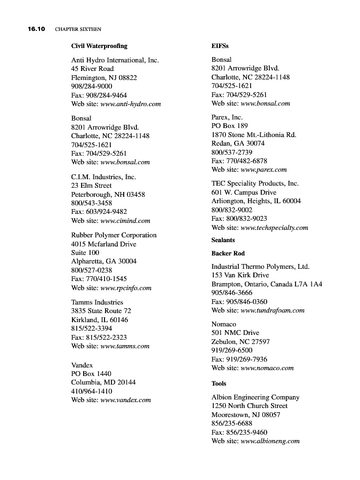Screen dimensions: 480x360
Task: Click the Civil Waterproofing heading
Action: tap(99, 46)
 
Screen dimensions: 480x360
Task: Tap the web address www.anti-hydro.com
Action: tap(131, 104)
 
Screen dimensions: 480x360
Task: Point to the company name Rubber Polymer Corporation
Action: tap(114, 235)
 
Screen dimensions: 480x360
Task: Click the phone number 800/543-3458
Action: tap(91, 203)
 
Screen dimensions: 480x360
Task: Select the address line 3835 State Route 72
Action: tap(101, 311)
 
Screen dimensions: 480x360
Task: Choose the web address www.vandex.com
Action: tap(125, 400)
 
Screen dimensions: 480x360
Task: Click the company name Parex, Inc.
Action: tap(227, 117)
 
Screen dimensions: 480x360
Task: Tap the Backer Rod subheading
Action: tap(228, 253)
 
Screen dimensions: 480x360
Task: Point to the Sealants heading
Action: tap(223, 241)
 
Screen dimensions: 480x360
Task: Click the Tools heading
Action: tap(219, 383)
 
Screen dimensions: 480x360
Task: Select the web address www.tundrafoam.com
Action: tap(273, 310)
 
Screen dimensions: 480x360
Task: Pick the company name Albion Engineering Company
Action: tap(255, 397)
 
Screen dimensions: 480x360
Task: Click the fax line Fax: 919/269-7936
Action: tap(239, 359)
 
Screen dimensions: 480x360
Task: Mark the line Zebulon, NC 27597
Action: tap(240, 342)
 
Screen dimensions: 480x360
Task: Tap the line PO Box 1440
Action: tap(91, 374)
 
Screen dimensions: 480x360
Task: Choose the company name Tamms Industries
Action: tap(97, 302)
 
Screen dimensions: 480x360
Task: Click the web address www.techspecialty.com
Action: tap(274, 228)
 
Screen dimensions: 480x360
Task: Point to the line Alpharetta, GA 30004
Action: tap(103, 261)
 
